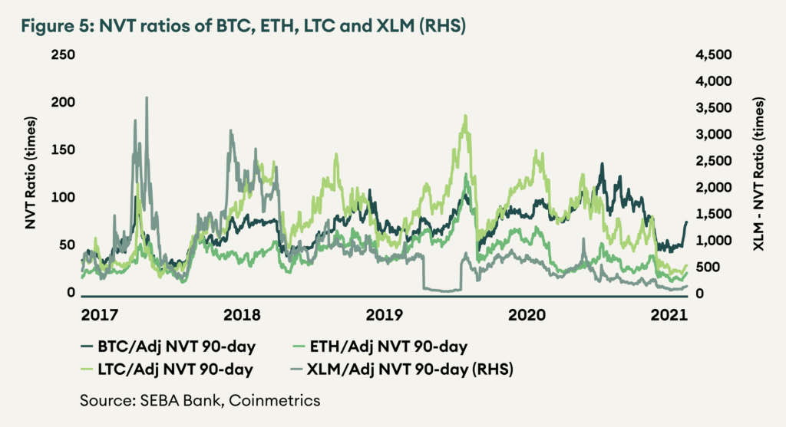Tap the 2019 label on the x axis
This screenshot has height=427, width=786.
tap(384, 315)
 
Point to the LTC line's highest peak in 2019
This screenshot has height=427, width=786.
tap(465, 117)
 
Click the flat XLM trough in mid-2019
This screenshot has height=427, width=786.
tap(441, 290)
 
